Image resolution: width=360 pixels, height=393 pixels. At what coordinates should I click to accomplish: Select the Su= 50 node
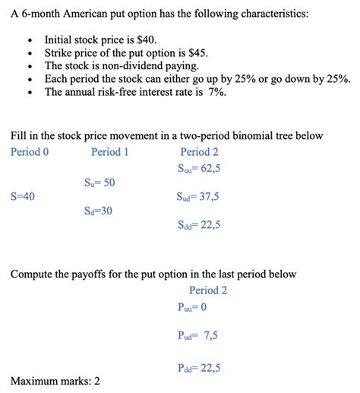pos(99,182)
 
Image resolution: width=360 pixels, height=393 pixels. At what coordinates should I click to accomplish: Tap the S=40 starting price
pos(23,196)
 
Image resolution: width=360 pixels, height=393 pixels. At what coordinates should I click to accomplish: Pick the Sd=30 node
pos(99,211)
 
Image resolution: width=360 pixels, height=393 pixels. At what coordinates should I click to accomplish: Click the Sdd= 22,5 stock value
pos(198,225)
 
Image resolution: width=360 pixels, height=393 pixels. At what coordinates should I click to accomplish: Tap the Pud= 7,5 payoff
pos(196,335)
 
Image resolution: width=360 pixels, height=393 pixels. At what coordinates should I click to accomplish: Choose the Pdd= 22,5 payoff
pos(198,368)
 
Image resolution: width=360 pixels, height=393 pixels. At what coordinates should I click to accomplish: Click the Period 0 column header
pos(30,151)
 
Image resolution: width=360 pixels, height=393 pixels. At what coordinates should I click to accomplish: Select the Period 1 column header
pos(110,151)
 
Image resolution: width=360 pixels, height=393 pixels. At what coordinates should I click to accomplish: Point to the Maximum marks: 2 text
pos(55,380)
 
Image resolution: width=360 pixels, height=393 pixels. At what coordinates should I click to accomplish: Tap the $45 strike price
pos(194,52)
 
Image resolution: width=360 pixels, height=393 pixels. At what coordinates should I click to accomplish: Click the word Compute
pos(35,273)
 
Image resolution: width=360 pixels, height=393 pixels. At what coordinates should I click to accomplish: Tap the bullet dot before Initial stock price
pos(29,40)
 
